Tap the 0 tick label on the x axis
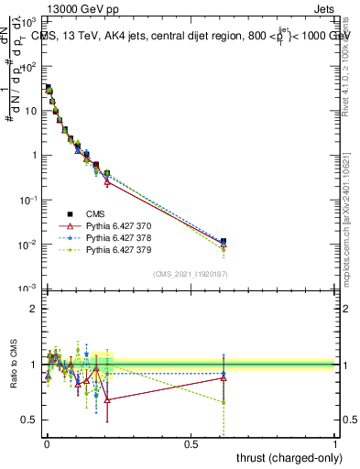point(47,445)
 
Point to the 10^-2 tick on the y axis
point(31,244)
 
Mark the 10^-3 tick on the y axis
point(31,289)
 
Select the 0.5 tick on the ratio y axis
point(33,420)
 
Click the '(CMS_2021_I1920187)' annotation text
point(191,274)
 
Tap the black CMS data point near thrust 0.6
point(224,242)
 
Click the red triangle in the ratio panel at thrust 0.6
point(224,377)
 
